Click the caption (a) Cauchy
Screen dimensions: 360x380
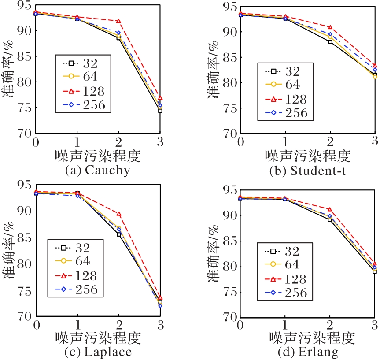point(98,170)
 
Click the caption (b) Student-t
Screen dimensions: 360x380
point(307,170)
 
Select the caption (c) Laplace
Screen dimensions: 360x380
point(98,353)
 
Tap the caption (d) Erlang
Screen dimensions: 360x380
point(307,353)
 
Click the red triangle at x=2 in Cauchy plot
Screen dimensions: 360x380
point(118,21)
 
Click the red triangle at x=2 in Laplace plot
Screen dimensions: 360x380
point(118,214)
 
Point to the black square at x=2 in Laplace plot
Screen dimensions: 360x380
point(118,234)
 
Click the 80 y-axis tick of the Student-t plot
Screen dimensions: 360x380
point(231,83)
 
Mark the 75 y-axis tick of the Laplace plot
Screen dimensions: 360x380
point(22,291)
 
